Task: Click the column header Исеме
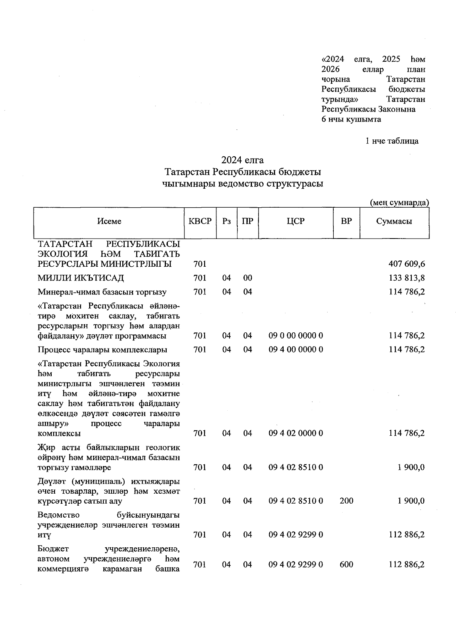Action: pyautogui.click(x=109, y=222)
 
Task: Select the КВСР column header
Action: pyautogui.click(x=200, y=222)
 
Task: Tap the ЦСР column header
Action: pyautogui.click(x=296, y=222)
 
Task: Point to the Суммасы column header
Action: pyautogui.click(x=394, y=222)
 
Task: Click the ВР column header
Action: pyautogui.click(x=346, y=222)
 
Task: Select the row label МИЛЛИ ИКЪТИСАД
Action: pyautogui.click(x=81, y=278)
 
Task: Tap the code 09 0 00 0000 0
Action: pyautogui.click(x=296, y=336)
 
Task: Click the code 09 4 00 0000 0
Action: pyautogui.click(x=296, y=350)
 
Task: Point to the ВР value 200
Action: pyautogui.click(x=346, y=501)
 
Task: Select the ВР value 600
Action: pyautogui.click(x=346, y=565)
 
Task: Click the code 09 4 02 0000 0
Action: pyautogui.click(x=296, y=433)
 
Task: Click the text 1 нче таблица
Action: pyautogui.click(x=392, y=141)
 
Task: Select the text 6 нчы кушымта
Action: pyautogui.click(x=351, y=119)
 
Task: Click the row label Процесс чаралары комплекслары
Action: pyautogui.click(x=102, y=350)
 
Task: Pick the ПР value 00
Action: pyautogui.click(x=247, y=278)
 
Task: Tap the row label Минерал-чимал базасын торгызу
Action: pyautogui.click(x=102, y=292)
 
